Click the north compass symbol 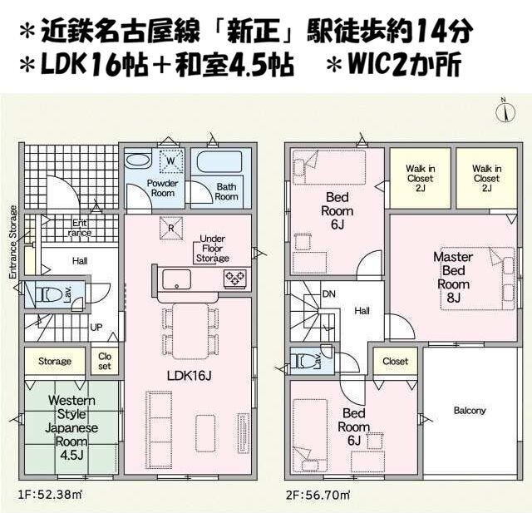pyautogui.click(x=505, y=111)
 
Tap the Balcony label pyautogui.click(x=470, y=411)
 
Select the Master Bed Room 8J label pyautogui.click(x=453, y=277)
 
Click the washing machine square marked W pyautogui.click(x=171, y=161)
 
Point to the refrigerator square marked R pyautogui.click(x=170, y=228)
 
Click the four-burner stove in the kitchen pyautogui.click(x=234, y=279)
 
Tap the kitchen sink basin pyautogui.click(x=176, y=279)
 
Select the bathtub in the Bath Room pyautogui.click(x=219, y=162)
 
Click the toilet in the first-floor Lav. pyautogui.click(x=47, y=295)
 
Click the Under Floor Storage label pyautogui.click(x=213, y=249)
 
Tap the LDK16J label pyautogui.click(x=189, y=375)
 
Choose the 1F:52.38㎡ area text pyautogui.click(x=50, y=495)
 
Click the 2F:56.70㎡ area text pyautogui.click(x=318, y=495)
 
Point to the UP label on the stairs pyautogui.click(x=96, y=328)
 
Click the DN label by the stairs pyautogui.click(x=329, y=293)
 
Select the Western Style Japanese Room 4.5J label pyautogui.click(x=71, y=428)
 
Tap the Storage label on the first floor pyautogui.click(x=55, y=361)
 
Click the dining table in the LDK pyautogui.click(x=190, y=331)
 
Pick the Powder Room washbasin pyautogui.click(x=138, y=160)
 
